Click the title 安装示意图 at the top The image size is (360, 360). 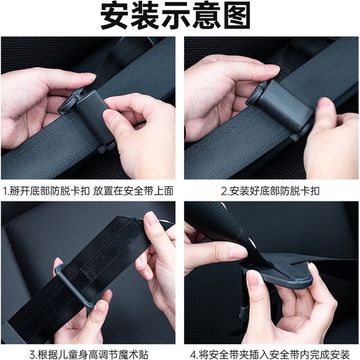pyautogui.click(x=179, y=17)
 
